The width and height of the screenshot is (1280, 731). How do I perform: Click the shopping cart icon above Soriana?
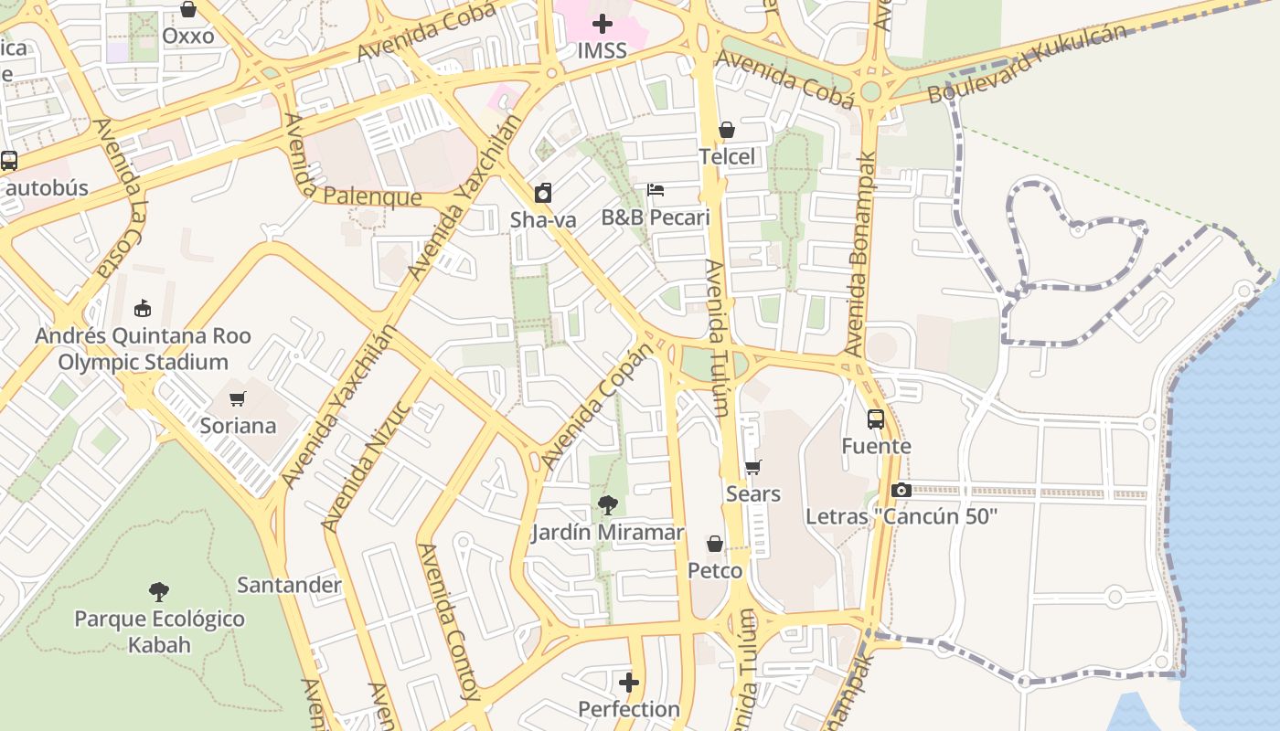click(238, 398)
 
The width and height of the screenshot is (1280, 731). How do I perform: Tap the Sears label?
click(752, 494)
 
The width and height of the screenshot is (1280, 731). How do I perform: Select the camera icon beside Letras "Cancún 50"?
click(901, 490)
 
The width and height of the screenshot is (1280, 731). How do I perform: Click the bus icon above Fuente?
click(876, 419)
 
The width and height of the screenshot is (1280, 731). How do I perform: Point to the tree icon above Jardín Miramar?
click(607, 505)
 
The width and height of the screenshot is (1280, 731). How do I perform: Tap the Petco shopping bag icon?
click(715, 545)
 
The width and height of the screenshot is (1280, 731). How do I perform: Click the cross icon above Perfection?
click(629, 683)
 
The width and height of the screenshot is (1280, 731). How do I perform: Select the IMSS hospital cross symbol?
click(602, 24)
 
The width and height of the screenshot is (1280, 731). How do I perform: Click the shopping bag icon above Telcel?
click(727, 131)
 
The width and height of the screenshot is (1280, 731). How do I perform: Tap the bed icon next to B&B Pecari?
click(656, 190)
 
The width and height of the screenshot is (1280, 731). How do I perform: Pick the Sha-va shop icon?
click(543, 193)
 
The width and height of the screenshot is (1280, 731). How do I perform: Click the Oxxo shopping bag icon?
click(188, 9)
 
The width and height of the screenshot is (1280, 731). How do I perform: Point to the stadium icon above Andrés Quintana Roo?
click(142, 308)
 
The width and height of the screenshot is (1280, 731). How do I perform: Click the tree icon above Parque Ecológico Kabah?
click(159, 591)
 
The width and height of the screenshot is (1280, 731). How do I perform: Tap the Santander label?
click(289, 585)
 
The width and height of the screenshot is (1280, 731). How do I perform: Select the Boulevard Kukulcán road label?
click(1027, 64)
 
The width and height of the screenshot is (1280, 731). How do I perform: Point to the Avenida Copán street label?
click(598, 407)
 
